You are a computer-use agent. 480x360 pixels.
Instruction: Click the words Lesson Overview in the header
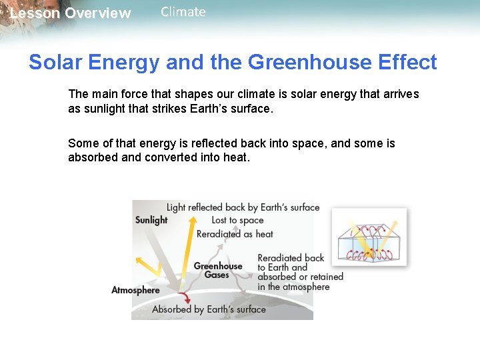70,13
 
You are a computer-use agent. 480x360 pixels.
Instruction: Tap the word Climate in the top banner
183,12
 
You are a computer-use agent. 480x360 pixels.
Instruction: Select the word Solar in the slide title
54,62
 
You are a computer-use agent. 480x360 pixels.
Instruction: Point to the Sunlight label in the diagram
151,220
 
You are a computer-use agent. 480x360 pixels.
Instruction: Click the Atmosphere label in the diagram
135,290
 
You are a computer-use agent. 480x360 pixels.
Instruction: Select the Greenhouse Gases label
217,270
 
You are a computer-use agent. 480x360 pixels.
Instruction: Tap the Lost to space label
237,220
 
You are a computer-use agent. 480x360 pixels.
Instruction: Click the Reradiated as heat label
235,234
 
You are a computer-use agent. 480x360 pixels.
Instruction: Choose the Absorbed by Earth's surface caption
209,309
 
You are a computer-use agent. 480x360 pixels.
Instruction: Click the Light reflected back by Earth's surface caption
243,207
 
